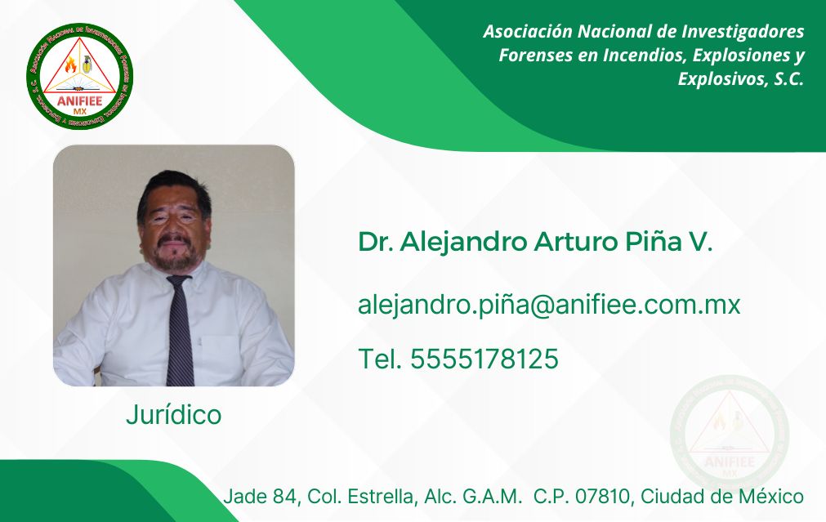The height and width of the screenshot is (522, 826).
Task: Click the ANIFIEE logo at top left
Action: [80, 76]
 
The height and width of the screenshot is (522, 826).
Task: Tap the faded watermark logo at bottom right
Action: [730, 435]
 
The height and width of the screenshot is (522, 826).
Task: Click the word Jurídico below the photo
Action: [173, 415]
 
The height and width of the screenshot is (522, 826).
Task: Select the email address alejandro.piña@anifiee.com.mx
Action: [549, 306]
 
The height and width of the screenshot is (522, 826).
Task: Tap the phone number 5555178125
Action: [484, 359]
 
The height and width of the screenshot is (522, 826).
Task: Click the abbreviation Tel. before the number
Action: [380, 359]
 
